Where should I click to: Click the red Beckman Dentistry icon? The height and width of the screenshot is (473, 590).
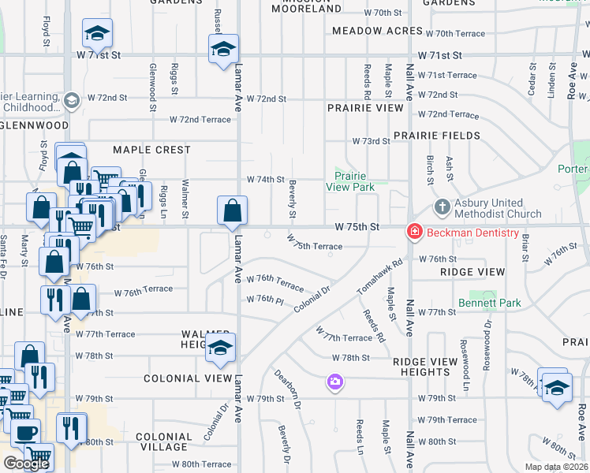[413, 232]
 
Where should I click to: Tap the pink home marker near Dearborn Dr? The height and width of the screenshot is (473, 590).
[335, 382]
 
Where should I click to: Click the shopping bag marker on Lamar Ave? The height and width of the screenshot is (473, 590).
[233, 210]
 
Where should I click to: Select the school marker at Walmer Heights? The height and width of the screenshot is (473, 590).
[220, 347]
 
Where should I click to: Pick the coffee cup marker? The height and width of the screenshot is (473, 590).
[25, 434]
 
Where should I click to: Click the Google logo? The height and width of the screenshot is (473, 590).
[26, 464]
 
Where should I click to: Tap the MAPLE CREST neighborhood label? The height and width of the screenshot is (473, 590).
[151, 150]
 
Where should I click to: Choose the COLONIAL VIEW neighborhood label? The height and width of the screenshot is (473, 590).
[188, 378]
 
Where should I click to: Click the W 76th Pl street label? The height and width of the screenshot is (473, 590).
[264, 300]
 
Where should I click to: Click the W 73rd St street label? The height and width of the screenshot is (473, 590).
[371, 141]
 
